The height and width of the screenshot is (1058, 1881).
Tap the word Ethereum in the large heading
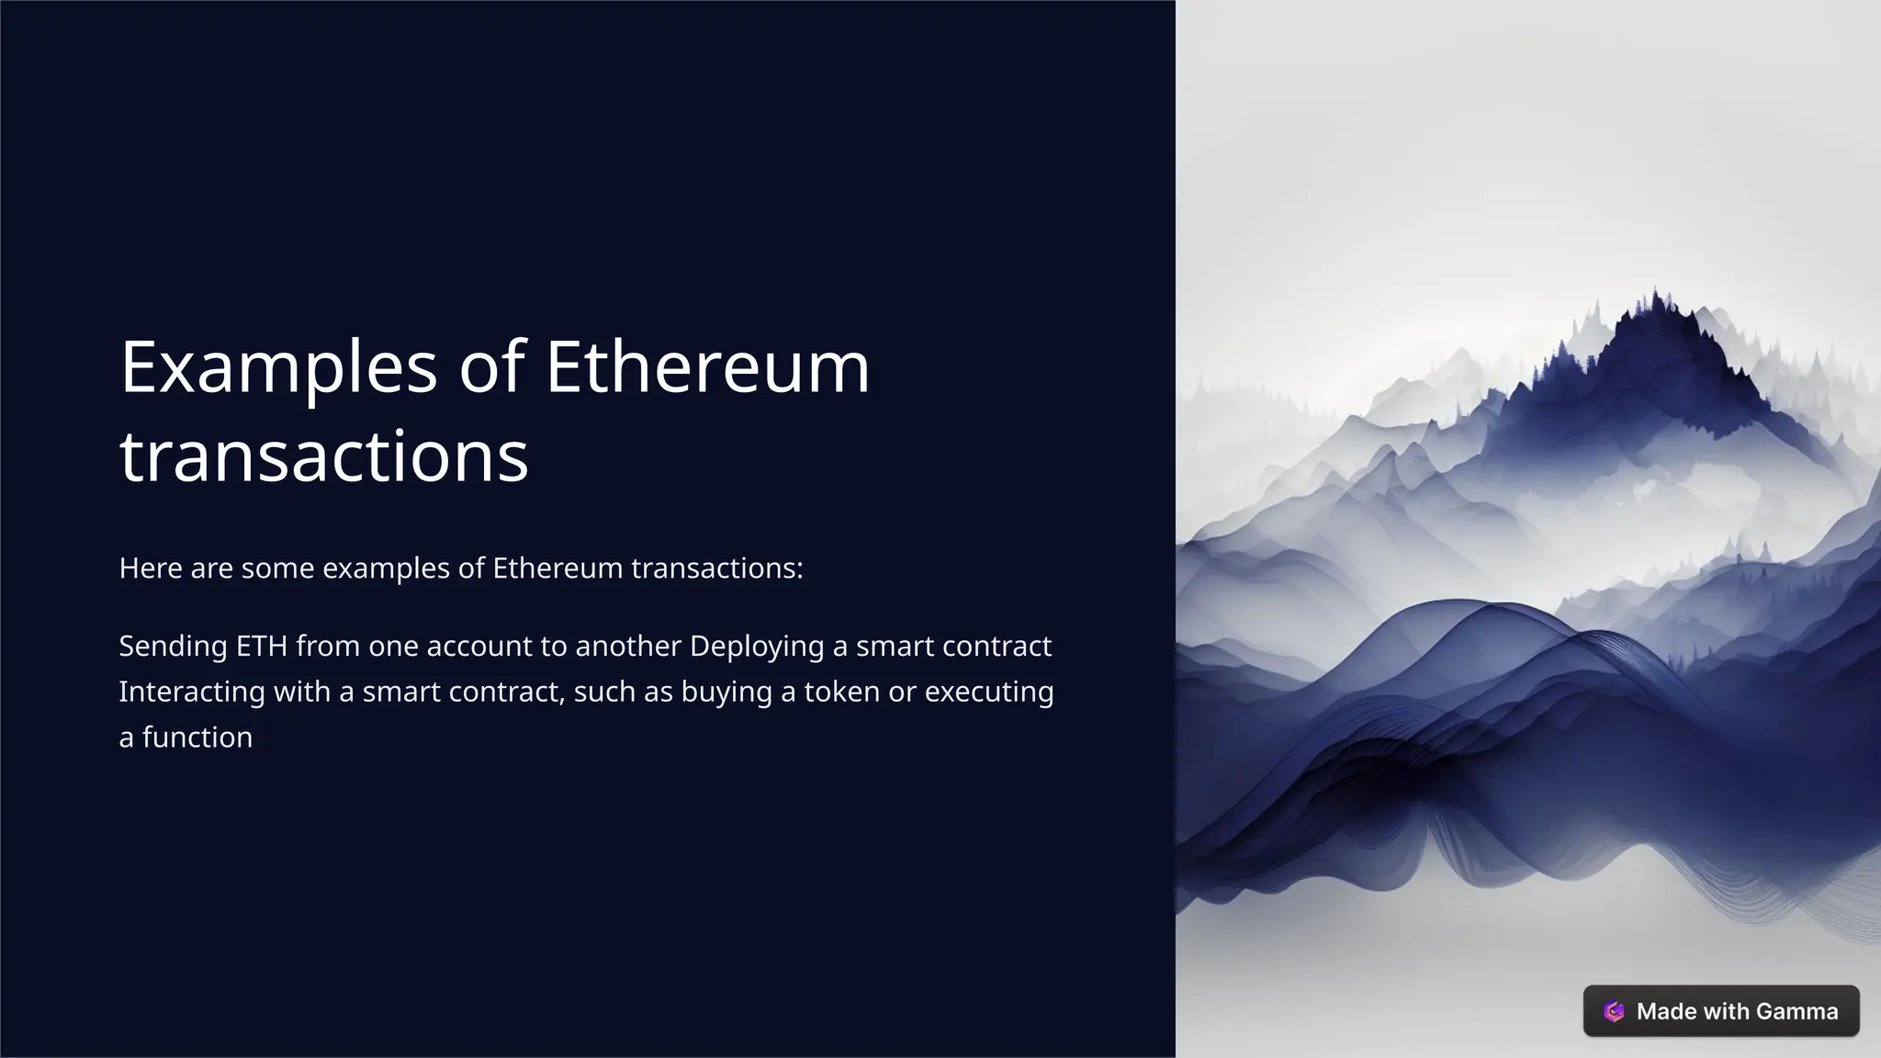coord(707,367)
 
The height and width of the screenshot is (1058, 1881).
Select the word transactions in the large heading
coord(324,456)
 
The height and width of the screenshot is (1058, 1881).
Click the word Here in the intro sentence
coord(150,568)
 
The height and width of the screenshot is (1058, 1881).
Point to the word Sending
coord(173,647)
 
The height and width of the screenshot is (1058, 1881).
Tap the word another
coord(627,647)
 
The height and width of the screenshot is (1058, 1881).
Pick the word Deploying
coord(757,647)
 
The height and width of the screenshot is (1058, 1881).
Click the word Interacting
coord(192,692)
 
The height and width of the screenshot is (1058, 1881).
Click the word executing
coord(988,692)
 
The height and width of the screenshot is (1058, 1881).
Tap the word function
coord(197,737)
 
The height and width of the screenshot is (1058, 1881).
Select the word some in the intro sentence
coord(277,568)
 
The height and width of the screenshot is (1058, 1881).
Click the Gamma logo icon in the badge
coord(1614,1011)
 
